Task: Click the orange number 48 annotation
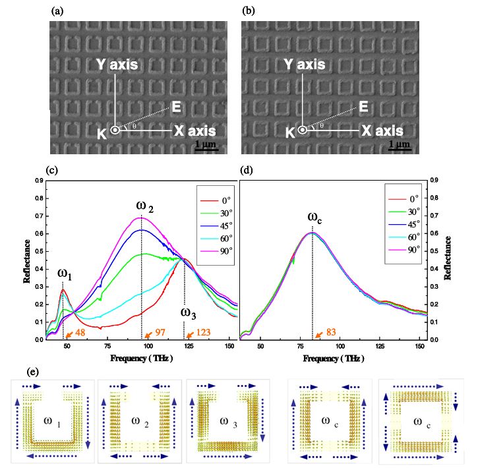coord(80,332)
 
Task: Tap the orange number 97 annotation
coord(160,332)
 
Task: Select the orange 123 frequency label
coord(203,332)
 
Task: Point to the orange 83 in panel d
coord(331,332)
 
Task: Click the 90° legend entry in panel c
coord(216,250)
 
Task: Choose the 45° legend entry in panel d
coord(404,224)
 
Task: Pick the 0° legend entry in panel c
coord(216,200)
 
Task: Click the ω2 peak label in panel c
coord(145,206)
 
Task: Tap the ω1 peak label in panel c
coord(65,274)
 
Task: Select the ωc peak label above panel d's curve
coord(315,218)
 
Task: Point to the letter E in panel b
coord(363,107)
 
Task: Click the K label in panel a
coord(102,134)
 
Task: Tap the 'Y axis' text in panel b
coord(304,65)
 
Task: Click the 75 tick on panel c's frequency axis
coord(107,346)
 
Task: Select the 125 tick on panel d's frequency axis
coord(380,346)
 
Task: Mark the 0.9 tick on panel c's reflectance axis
coord(39,181)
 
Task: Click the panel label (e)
coord(32,372)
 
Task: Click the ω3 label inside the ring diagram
coord(228,423)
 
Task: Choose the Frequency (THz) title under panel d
coord(334,359)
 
